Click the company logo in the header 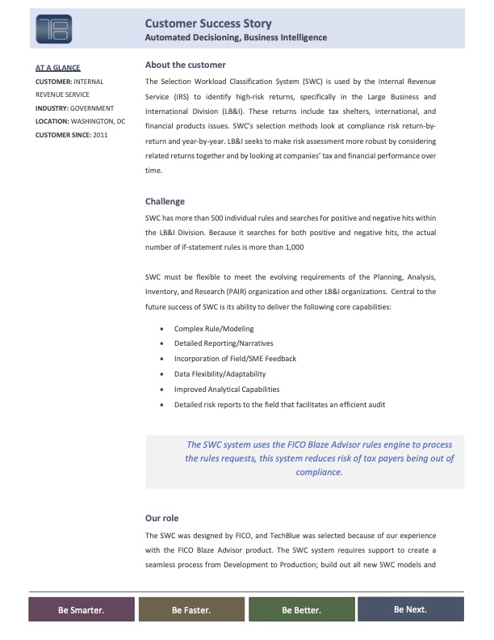click(54, 28)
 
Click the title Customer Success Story click(207, 24)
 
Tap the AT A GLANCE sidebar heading click(57, 68)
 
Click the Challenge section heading click(165, 201)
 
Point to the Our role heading click(161, 517)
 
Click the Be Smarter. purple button click(81, 610)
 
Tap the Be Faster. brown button click(191, 610)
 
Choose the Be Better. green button click(301, 610)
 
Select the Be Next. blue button click(410, 609)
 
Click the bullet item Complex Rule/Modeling click(214, 329)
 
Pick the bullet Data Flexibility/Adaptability click(220, 374)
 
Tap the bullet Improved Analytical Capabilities click(227, 389)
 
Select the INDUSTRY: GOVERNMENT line click(75, 108)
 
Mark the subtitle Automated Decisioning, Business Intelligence click(236, 38)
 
